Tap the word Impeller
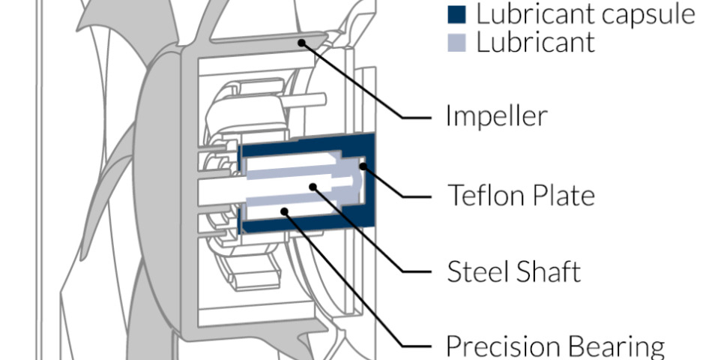(497, 116)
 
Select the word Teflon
(483, 195)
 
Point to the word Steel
(477, 271)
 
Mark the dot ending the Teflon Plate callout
(364, 166)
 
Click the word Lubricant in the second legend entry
(535, 43)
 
